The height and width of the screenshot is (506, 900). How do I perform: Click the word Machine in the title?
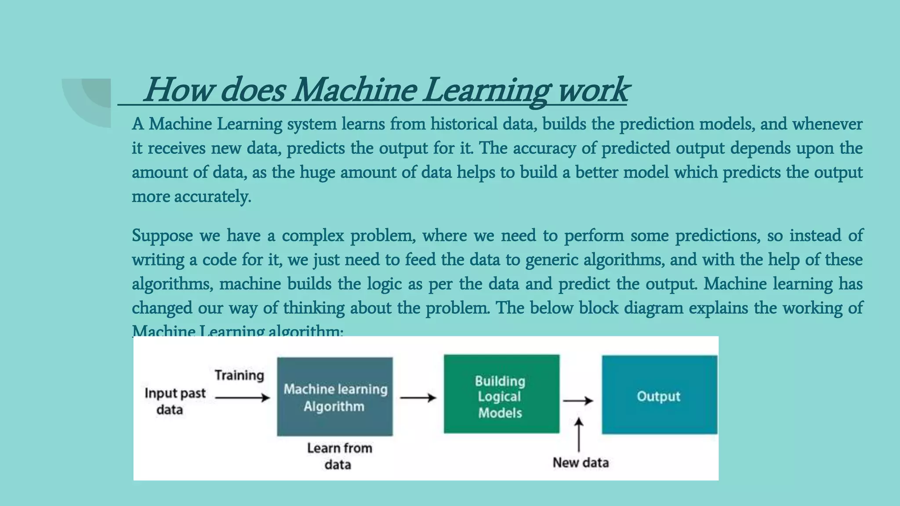(354, 90)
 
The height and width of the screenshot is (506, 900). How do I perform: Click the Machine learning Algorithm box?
(335, 397)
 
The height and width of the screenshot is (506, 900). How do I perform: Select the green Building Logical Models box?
(501, 394)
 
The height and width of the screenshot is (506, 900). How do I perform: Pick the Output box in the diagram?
(659, 395)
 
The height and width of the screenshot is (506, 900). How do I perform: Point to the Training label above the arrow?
(240, 375)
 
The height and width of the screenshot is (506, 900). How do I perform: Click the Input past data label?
(174, 401)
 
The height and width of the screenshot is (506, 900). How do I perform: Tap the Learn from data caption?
(339, 456)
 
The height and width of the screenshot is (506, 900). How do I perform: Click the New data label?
(581, 463)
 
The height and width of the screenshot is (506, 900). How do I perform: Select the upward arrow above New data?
(579, 434)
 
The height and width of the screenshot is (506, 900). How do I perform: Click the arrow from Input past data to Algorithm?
(243, 398)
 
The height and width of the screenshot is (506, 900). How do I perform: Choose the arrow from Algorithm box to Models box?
(418, 398)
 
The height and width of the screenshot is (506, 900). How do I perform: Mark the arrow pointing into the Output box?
(578, 401)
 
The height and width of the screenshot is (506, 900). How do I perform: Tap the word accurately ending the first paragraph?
(213, 196)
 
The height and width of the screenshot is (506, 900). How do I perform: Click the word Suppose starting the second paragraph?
(162, 236)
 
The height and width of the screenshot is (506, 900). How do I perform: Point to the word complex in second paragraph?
(313, 236)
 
